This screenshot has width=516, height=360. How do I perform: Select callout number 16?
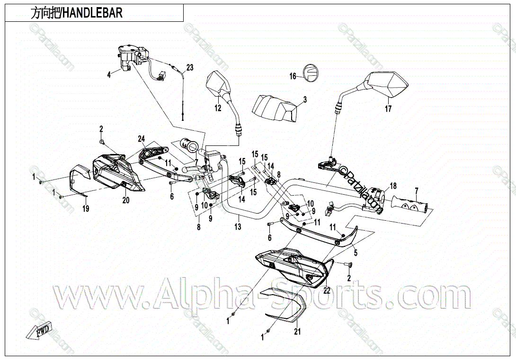[x=293, y=76]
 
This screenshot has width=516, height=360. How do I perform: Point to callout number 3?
[x=305, y=99]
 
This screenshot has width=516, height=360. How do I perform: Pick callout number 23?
[x=189, y=68]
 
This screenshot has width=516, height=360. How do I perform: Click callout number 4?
[x=109, y=74]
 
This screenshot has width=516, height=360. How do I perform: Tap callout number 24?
[x=141, y=139]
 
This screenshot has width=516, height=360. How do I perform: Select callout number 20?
[x=126, y=200]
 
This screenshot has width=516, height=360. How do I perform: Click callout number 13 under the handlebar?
[x=238, y=227]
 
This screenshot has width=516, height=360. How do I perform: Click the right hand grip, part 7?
[x=409, y=205]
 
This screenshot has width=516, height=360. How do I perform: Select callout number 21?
[x=297, y=332]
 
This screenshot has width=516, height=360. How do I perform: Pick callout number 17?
[x=388, y=108]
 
